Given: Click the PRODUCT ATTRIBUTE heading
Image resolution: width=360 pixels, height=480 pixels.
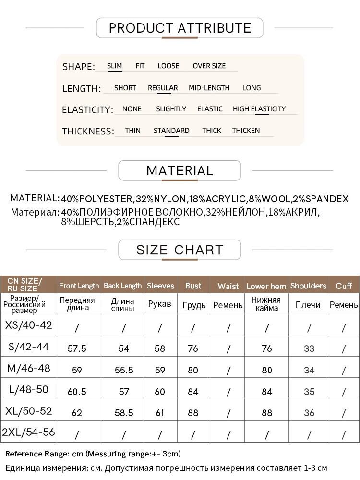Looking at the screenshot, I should (x=180, y=28).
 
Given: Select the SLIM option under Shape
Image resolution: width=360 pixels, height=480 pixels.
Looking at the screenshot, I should (x=114, y=66).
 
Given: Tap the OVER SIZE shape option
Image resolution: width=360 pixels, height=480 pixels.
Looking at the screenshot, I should (x=209, y=66).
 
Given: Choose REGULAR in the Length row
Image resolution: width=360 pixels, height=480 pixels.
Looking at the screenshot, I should (x=163, y=88).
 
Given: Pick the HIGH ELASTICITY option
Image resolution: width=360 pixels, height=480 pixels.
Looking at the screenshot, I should (x=259, y=109).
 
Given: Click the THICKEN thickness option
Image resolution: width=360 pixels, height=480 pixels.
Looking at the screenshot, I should (x=246, y=131).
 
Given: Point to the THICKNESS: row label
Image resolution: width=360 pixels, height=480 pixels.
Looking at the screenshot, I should (x=88, y=131).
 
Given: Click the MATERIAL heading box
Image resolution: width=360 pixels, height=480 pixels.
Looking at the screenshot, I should (x=180, y=170).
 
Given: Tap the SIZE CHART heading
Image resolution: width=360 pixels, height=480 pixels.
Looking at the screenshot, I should (x=180, y=250).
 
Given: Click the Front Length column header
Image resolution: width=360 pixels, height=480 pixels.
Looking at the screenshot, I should (x=79, y=286).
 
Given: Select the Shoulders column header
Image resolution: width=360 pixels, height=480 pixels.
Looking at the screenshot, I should (x=308, y=286).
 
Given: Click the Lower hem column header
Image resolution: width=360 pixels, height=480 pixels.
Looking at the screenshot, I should (x=266, y=286).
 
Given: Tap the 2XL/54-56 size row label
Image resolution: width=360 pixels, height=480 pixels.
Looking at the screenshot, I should (x=28, y=432).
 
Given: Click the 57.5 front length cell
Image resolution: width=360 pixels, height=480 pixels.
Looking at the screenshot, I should (x=77, y=348).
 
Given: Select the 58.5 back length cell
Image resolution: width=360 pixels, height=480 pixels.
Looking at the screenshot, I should (x=124, y=412).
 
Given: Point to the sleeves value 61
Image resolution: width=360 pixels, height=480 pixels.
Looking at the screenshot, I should (x=160, y=412).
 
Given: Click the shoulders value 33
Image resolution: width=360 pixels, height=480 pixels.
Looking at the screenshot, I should (x=309, y=348).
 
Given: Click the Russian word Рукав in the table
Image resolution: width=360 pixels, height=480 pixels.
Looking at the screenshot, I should (x=160, y=304).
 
